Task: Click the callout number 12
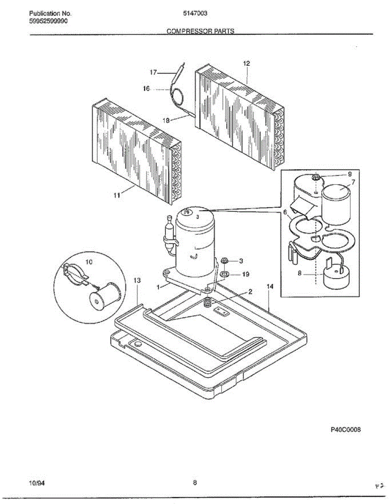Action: (246, 63)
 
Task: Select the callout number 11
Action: (117, 195)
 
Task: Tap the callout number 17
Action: (154, 72)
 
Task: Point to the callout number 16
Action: (146, 89)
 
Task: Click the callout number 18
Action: (167, 120)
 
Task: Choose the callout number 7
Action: (353, 182)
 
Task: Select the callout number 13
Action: (137, 280)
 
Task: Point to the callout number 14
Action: (270, 286)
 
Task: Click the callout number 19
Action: (245, 274)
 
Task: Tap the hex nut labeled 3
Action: (224, 261)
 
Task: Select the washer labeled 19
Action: (224, 275)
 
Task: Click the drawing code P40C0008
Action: (346, 430)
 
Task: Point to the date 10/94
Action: (37, 483)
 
